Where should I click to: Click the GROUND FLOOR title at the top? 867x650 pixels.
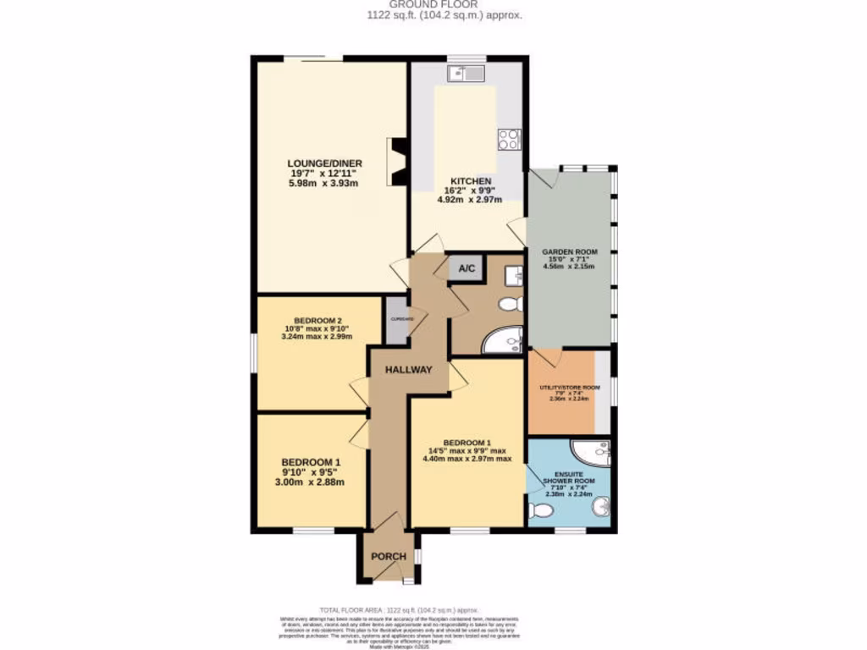tap(433, 4)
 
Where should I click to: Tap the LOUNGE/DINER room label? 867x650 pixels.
tap(324, 163)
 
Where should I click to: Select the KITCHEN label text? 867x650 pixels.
tap(470, 181)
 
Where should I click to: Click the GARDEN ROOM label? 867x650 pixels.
tap(568, 252)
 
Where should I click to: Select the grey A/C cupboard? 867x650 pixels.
tap(467, 269)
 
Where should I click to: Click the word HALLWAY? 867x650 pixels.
tap(409, 370)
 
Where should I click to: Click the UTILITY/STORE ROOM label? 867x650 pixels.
tap(569, 388)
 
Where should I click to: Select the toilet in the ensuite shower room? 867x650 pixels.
tap(540, 510)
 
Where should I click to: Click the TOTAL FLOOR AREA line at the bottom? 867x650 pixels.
tap(397, 609)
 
